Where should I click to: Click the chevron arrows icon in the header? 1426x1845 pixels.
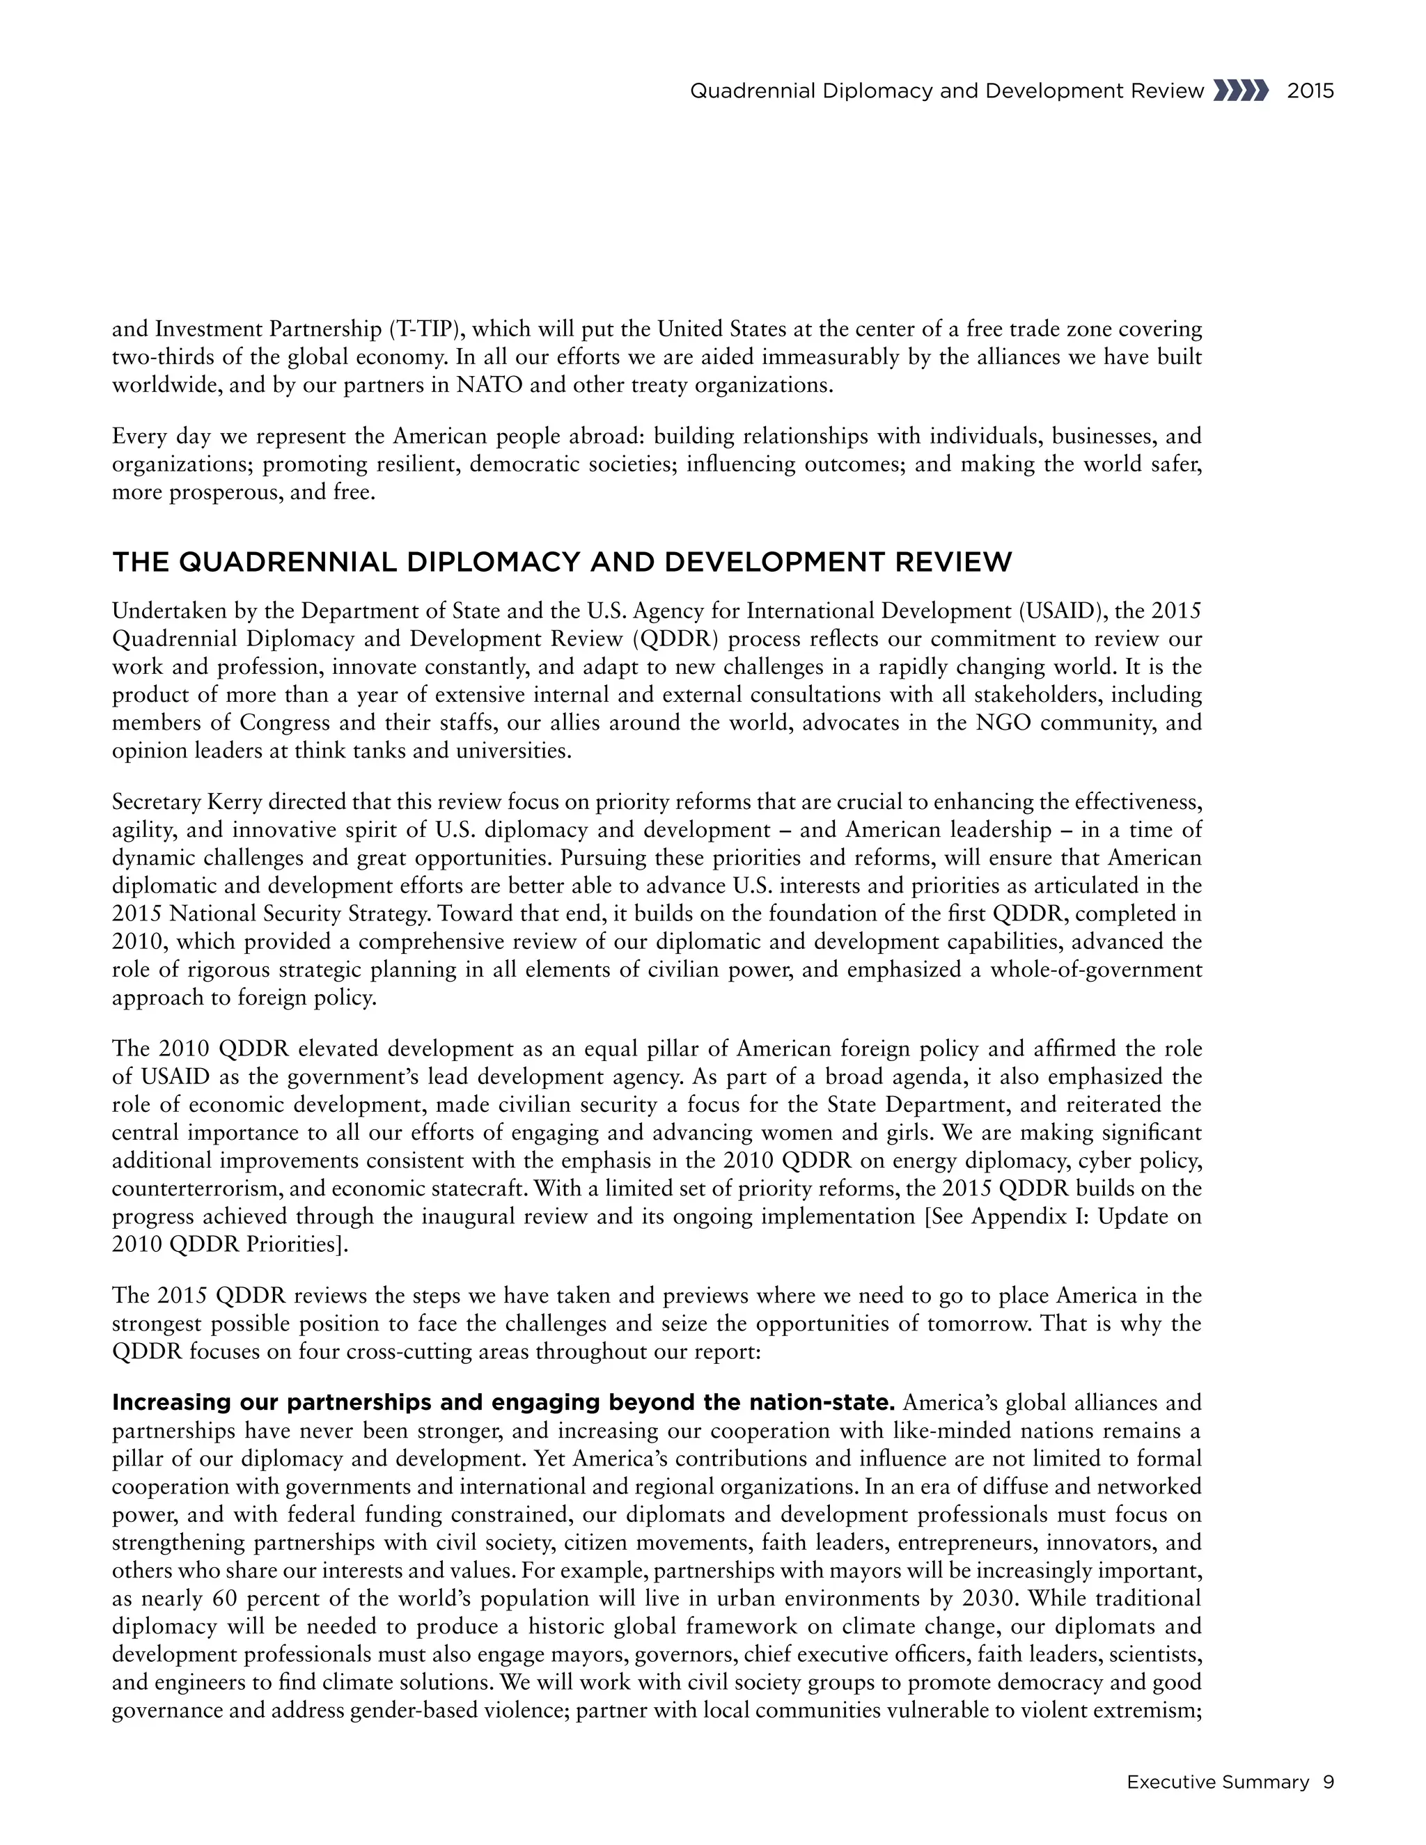click(x=1240, y=91)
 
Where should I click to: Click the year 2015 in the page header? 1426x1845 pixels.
click(x=1310, y=91)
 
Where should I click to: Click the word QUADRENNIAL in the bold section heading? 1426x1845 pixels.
click(x=288, y=563)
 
